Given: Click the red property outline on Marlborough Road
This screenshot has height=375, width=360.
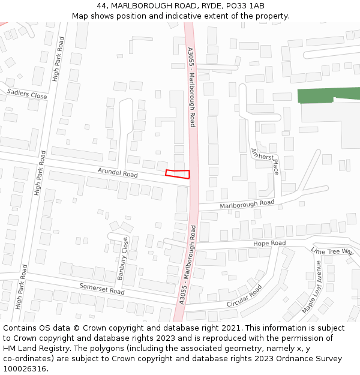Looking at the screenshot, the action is click(178, 174).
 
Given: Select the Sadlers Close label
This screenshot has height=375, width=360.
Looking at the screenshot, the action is click(27, 95).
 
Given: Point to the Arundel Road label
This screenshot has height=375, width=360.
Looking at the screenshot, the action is click(118, 173).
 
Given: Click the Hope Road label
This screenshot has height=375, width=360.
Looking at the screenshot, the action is click(269, 243).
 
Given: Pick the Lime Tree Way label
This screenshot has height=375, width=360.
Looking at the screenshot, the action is click(332, 251).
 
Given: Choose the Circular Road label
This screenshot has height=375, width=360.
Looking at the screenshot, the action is click(244, 296).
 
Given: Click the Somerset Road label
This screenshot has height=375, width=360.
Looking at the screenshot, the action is click(102, 289).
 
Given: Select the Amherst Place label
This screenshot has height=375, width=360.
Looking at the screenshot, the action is click(265, 161).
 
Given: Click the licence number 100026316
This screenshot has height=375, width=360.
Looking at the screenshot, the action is click(25, 369).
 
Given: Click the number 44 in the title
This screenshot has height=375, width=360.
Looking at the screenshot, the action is click(101, 6).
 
